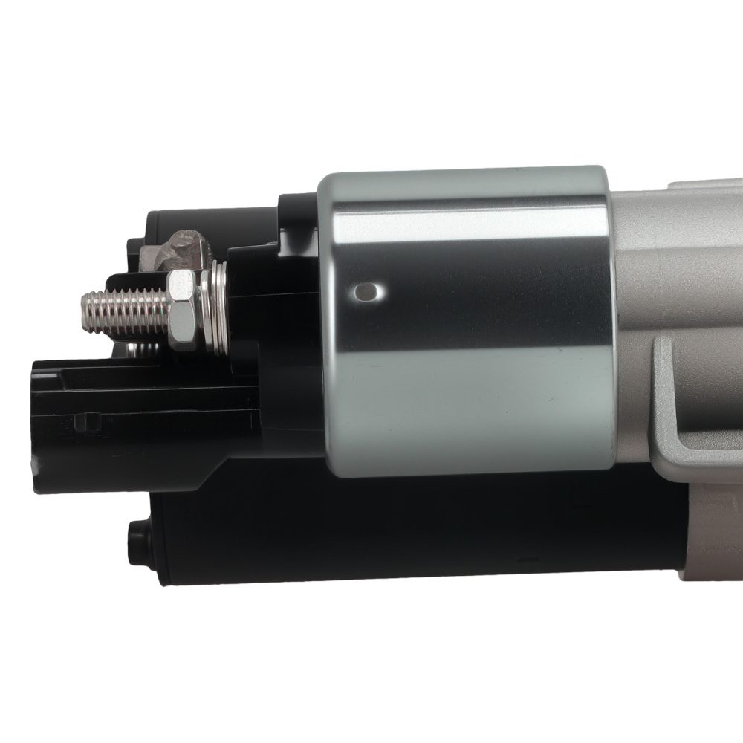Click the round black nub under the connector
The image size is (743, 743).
pos(137,533)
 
